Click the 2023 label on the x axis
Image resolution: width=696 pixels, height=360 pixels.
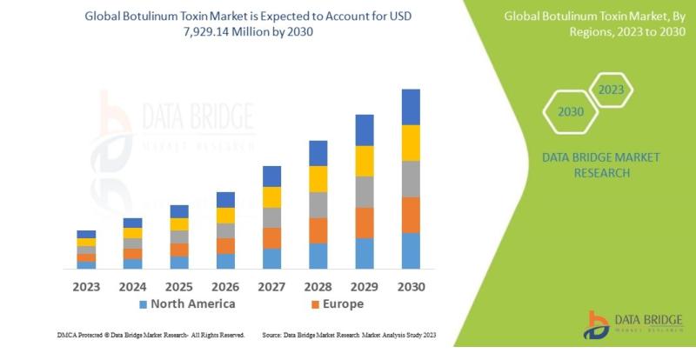(x=86, y=285)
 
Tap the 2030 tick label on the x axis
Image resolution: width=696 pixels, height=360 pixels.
(x=411, y=285)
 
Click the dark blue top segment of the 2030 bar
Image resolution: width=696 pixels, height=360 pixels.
(x=411, y=107)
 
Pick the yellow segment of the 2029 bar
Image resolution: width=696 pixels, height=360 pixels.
(x=365, y=161)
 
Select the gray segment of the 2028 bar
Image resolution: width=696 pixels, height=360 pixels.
(x=318, y=204)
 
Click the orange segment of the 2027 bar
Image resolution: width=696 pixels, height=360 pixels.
(x=271, y=238)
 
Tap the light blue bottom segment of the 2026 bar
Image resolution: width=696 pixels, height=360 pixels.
(x=225, y=260)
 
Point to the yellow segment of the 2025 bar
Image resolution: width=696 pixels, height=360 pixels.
(x=179, y=224)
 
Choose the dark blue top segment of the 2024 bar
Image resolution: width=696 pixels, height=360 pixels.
(x=132, y=223)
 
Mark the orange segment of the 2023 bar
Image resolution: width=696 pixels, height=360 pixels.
(x=86, y=257)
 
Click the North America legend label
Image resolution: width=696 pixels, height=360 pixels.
(x=192, y=304)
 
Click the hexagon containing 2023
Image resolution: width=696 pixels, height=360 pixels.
(x=612, y=89)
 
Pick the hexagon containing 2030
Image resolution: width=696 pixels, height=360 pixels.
(x=570, y=112)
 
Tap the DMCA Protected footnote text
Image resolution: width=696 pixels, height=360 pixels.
(x=147, y=334)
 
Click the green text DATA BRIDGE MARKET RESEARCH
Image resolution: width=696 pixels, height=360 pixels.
(x=600, y=164)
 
